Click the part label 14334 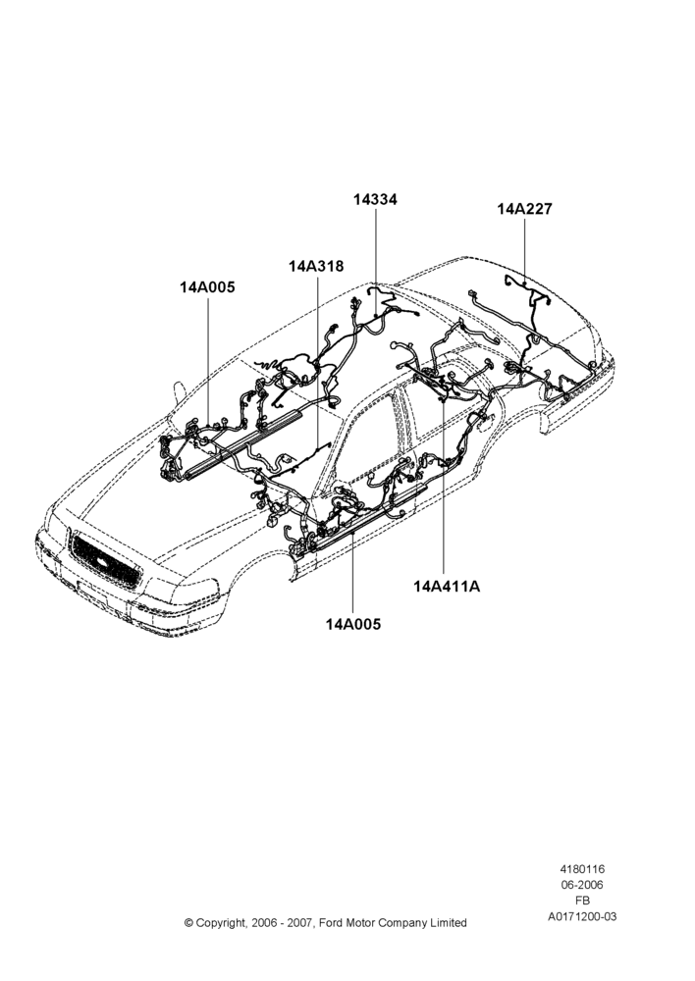pyautogui.click(x=375, y=199)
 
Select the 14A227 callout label pyautogui.click(x=525, y=209)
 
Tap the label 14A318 pyautogui.click(x=316, y=266)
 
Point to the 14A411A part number pyautogui.click(x=447, y=587)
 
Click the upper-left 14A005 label pyautogui.click(x=207, y=287)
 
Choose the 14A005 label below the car pyautogui.click(x=353, y=624)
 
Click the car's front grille pyautogui.click(x=105, y=560)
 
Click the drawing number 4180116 pyautogui.click(x=582, y=869)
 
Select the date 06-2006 pyautogui.click(x=582, y=885)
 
